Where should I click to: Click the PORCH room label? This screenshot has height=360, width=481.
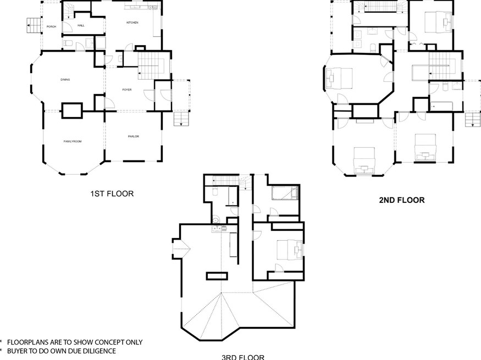tap(51, 26)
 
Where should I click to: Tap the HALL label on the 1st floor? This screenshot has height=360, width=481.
tap(81, 26)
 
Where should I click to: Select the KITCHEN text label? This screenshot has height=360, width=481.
tap(132, 23)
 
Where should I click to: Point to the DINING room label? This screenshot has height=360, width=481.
tap(65, 80)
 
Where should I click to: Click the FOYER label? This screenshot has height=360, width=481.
tap(127, 89)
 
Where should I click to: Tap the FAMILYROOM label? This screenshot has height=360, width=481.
tap(72, 141)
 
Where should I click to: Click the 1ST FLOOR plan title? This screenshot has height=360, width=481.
tap(112, 193)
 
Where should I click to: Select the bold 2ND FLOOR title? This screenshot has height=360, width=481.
tap(401, 200)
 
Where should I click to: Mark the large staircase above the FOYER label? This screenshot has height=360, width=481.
tap(151, 66)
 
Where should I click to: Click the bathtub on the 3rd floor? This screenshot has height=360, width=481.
tap(285, 193)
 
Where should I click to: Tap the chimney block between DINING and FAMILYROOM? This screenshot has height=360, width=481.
tap(71, 110)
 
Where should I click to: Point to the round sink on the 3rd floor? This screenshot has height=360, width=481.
tap(217, 221)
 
